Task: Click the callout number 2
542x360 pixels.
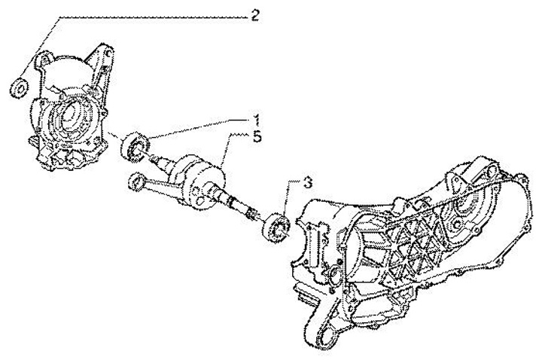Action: [x=256, y=15]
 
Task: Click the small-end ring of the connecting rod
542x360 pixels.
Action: [x=135, y=181]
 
